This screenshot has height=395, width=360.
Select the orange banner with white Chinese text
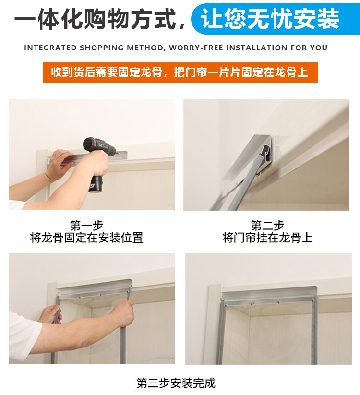click(x=180, y=72)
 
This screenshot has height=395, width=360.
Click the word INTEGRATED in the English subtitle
click(x=50, y=48)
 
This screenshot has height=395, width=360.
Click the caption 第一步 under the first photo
click(x=87, y=226)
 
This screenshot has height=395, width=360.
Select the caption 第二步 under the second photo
click(x=267, y=226)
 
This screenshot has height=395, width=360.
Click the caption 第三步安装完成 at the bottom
click(x=176, y=383)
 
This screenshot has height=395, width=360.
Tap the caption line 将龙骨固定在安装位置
click(x=87, y=238)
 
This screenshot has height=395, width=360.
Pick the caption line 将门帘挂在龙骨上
click(x=267, y=238)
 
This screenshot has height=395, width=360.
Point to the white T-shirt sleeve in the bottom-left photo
click(x=24, y=333)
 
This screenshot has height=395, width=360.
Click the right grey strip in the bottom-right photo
click(x=314, y=333)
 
